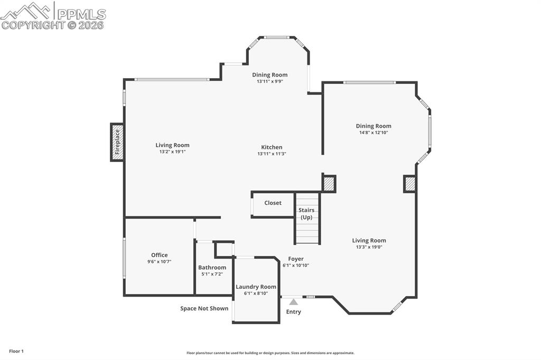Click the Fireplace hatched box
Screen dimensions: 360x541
117,142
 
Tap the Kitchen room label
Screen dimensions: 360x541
272,147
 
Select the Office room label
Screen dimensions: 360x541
159,255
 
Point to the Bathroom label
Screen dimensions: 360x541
212,268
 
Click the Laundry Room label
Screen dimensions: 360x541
256,287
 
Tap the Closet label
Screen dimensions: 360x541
273,203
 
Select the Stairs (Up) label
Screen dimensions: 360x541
306,214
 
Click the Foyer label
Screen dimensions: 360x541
296,259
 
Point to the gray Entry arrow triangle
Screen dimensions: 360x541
293,302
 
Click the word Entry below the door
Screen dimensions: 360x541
293,311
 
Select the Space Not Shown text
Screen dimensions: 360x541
204,308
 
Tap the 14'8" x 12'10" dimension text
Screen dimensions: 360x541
373,132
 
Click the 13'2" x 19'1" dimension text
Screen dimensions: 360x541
172,151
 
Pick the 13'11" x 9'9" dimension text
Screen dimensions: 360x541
270,81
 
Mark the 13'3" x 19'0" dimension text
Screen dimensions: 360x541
369,247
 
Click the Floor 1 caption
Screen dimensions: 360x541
16,351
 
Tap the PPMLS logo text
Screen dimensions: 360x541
80,14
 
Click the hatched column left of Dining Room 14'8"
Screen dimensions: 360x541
329,184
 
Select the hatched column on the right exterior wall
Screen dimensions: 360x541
410,184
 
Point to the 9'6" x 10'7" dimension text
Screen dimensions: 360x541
159,261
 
